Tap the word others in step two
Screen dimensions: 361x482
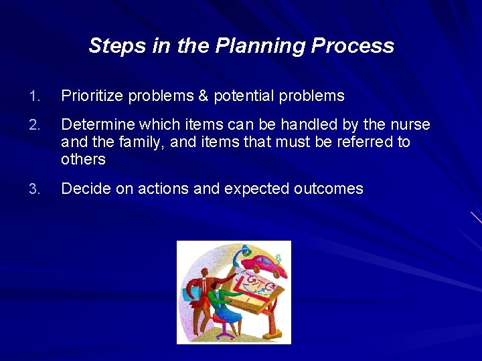(x=83, y=159)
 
